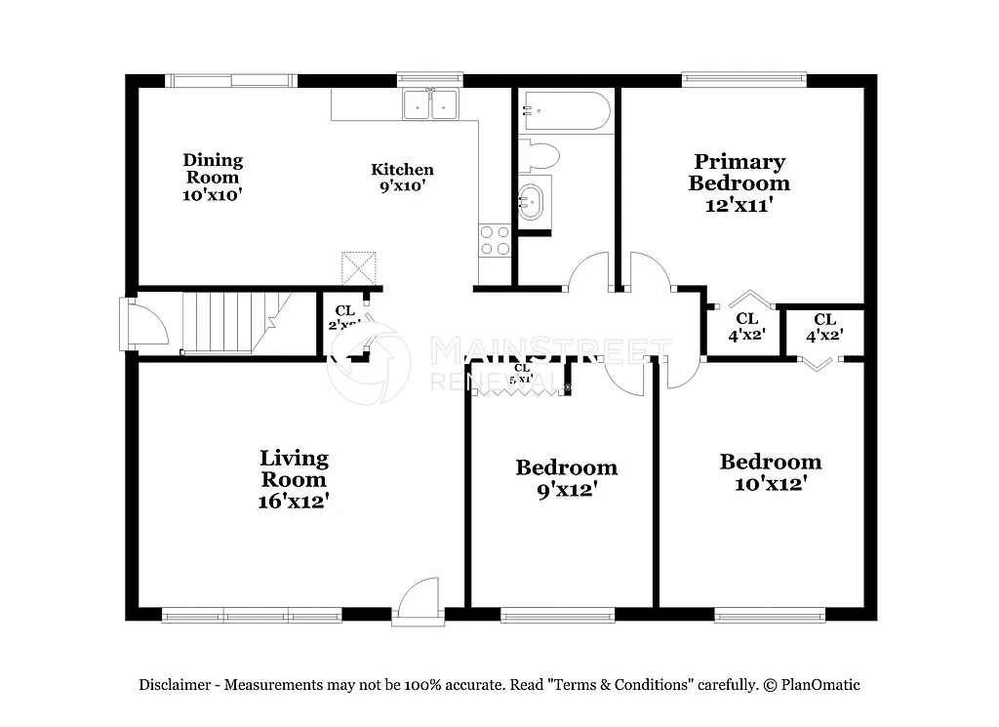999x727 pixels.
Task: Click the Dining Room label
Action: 213,177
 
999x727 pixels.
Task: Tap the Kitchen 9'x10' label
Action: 402,177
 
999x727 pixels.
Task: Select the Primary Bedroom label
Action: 739,182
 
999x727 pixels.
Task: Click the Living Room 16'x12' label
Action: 294,479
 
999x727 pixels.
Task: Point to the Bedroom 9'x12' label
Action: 566,478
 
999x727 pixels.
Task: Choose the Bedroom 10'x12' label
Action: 770,472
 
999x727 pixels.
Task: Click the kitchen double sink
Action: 430,102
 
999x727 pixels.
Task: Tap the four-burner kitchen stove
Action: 496,240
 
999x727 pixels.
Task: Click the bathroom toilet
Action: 539,155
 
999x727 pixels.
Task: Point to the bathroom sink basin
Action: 533,202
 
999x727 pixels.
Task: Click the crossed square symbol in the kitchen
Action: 358,267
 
